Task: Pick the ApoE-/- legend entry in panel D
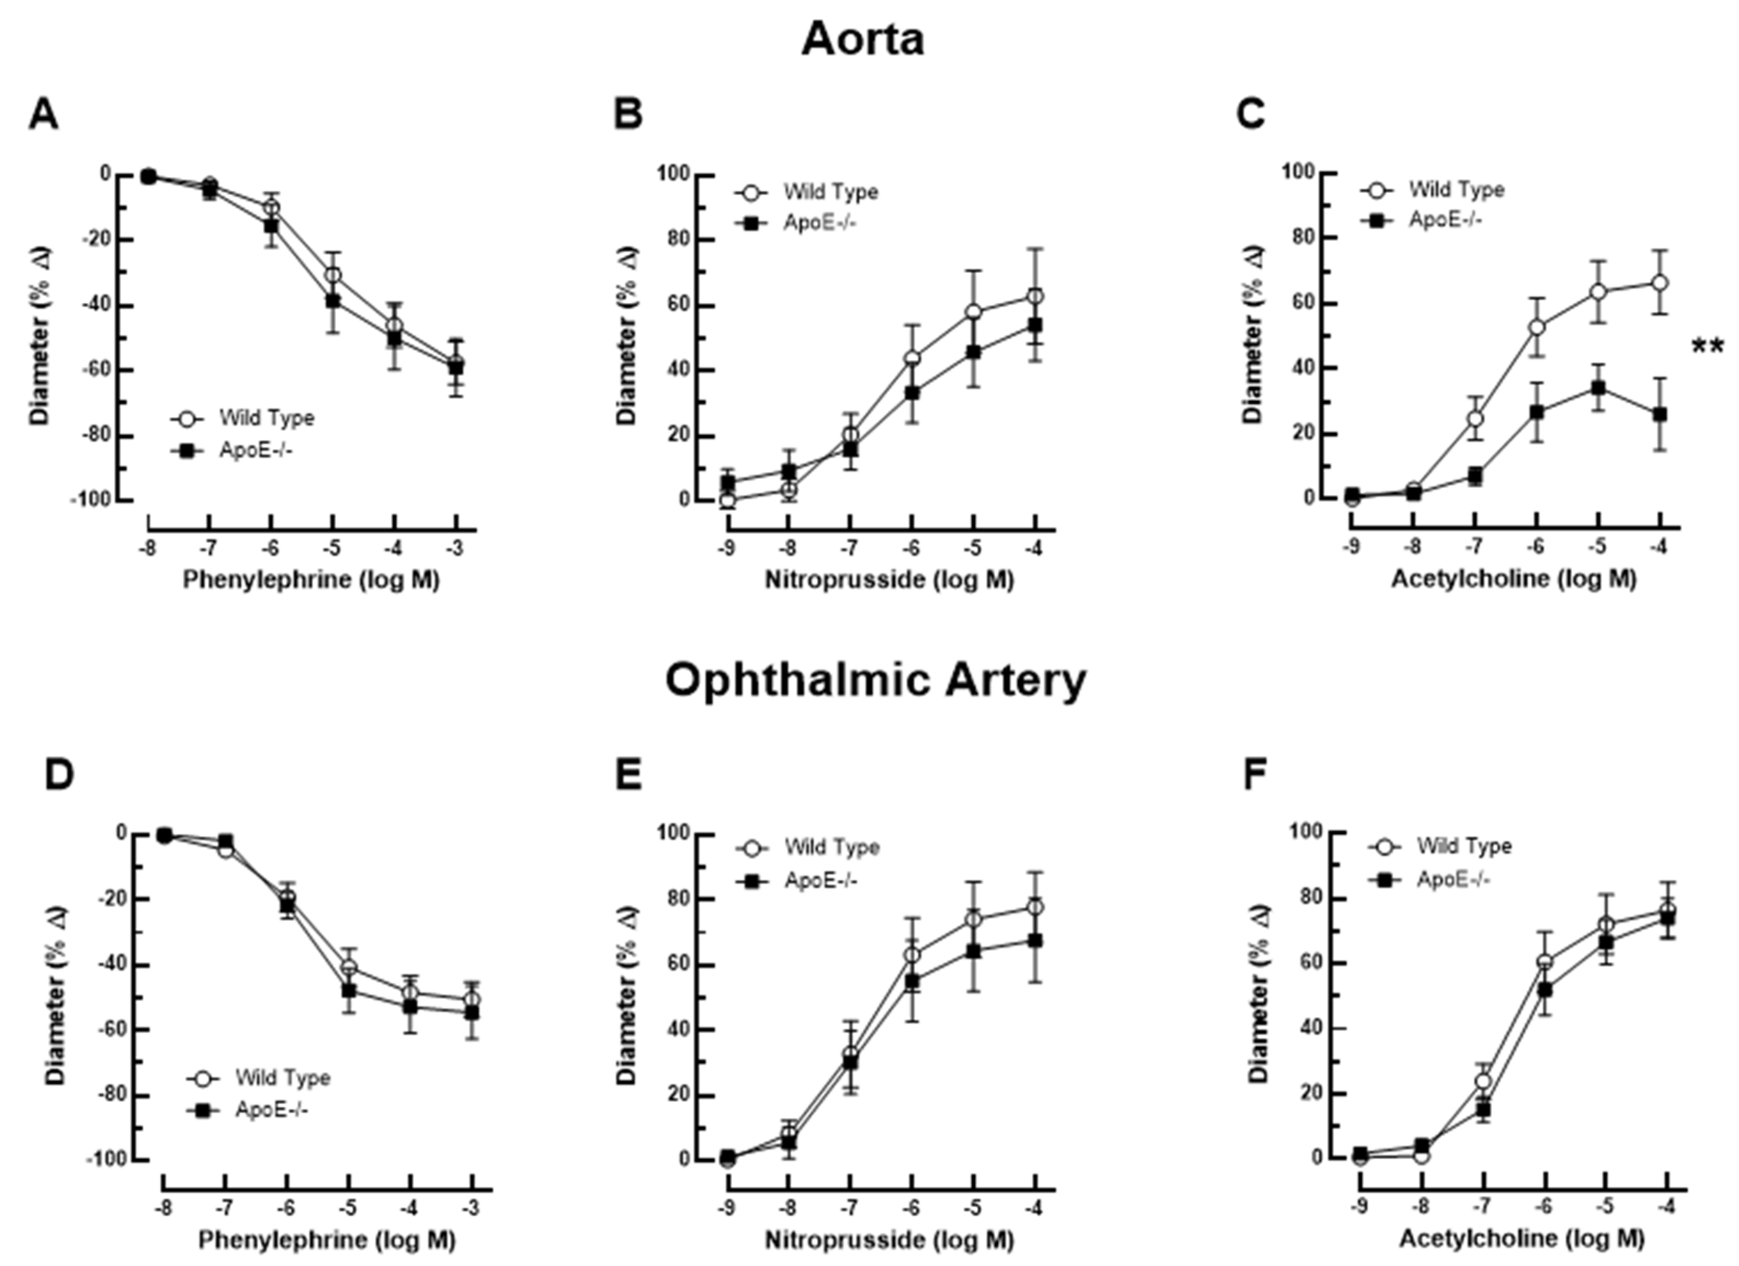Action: point(271,1110)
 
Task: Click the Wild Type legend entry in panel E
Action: point(831,847)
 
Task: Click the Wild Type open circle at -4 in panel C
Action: point(1660,282)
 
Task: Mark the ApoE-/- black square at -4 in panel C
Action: point(1660,414)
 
